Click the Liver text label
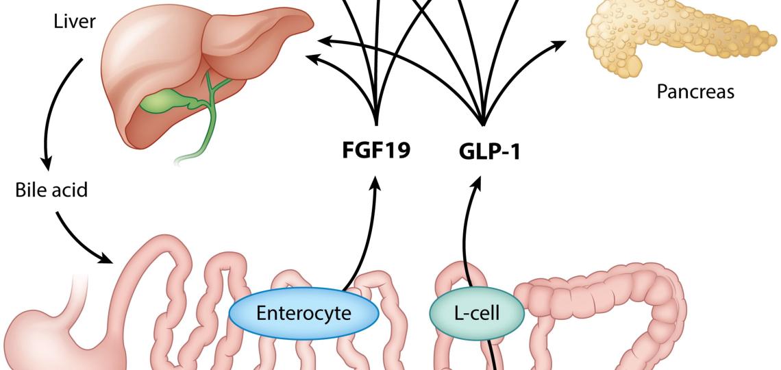75,22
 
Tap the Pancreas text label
695,92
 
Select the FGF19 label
376,149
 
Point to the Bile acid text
51,190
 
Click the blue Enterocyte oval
303,314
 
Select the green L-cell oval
476,314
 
